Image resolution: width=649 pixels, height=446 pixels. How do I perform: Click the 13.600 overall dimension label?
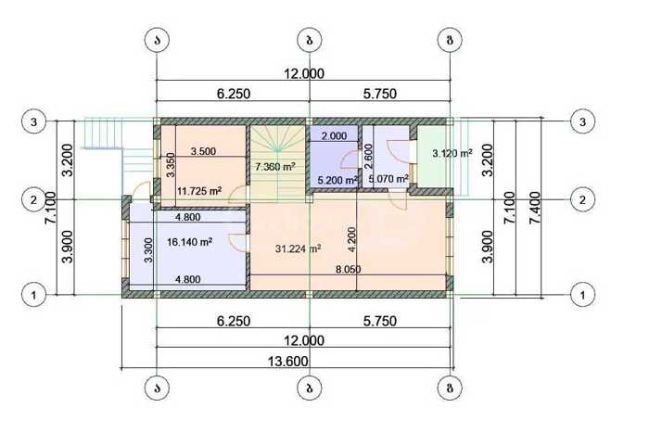pyautogui.click(x=288, y=361)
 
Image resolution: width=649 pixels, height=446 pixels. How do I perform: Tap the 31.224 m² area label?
pyautogui.click(x=298, y=248)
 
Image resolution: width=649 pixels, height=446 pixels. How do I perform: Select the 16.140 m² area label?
pyautogui.click(x=190, y=242)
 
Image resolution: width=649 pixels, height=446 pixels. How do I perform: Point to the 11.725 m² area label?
pyautogui.click(x=199, y=191)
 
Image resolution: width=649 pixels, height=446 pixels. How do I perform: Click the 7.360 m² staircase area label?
pyautogui.click(x=274, y=167)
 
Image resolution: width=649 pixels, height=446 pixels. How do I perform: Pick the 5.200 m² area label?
pyautogui.click(x=337, y=181)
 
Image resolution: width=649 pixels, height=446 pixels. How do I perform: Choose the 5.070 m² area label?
pyautogui.click(x=388, y=179)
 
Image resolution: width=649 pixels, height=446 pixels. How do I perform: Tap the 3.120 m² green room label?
pyautogui.click(x=452, y=153)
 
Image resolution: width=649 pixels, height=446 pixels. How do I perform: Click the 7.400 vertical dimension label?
pyautogui.click(x=535, y=208)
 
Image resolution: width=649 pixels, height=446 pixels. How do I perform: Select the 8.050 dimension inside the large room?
pyautogui.click(x=348, y=270)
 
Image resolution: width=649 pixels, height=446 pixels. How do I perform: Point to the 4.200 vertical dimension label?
pyautogui.click(x=351, y=239)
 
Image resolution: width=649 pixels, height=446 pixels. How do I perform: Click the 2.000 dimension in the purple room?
pyautogui.click(x=335, y=135)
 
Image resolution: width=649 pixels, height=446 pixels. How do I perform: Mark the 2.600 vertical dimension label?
pyautogui.click(x=368, y=156)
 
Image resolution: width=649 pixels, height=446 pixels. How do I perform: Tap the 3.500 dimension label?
pyautogui.click(x=203, y=151)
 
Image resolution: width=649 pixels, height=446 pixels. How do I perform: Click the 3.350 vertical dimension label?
pyautogui.click(x=171, y=165)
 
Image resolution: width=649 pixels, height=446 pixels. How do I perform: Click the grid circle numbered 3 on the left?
pyautogui.click(x=33, y=122)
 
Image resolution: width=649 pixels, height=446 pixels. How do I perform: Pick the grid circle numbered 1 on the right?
pyautogui.click(x=583, y=295)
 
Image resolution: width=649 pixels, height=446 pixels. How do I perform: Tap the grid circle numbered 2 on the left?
pyautogui.click(x=33, y=200)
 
